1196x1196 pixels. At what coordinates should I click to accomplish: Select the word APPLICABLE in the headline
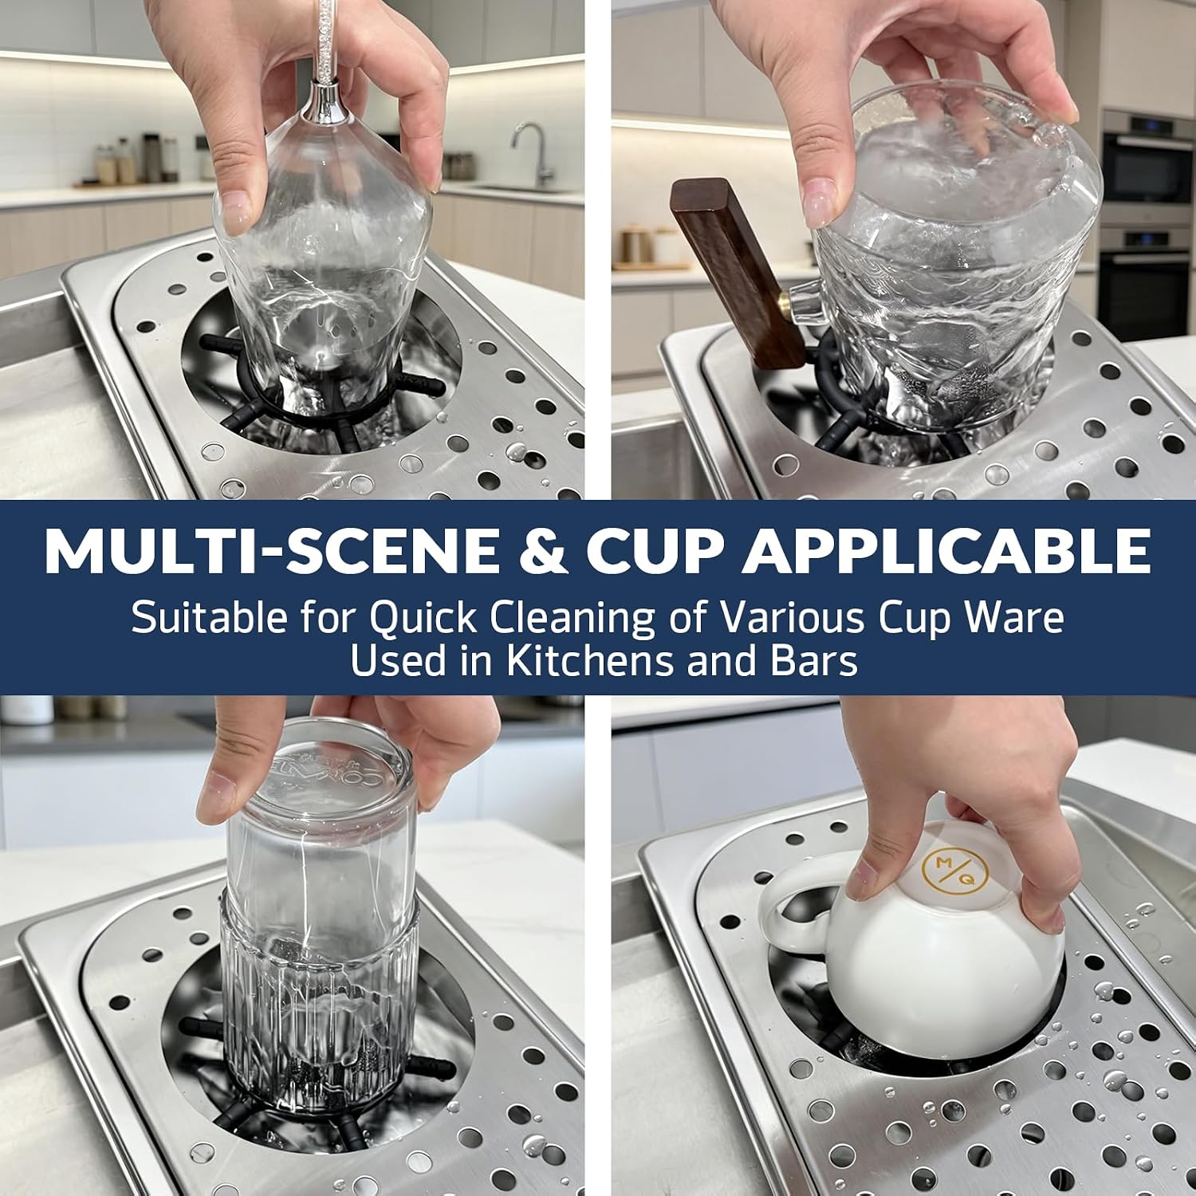[946, 550]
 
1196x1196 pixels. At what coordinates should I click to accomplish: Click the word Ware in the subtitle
[1013, 618]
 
